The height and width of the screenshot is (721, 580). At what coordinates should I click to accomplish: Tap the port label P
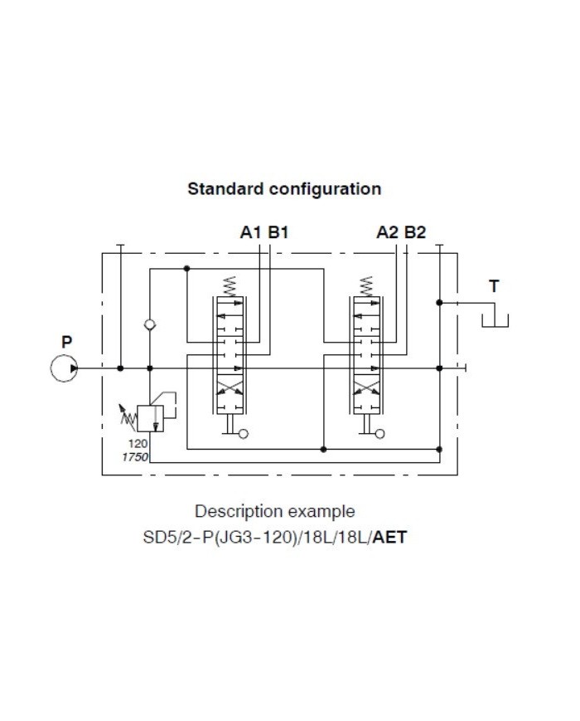[x=66, y=341]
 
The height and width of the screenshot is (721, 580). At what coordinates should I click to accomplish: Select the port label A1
[x=250, y=232]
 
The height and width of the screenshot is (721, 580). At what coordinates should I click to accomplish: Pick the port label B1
[x=278, y=232]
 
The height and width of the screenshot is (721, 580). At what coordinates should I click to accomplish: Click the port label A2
[x=387, y=232]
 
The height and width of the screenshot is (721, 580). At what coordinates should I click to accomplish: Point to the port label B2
[x=415, y=232]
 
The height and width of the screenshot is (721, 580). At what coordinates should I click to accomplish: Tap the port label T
[x=494, y=286]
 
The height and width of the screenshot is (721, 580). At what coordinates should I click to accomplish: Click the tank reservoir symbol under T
[x=495, y=319]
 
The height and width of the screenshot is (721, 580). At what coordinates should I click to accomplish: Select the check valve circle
[x=150, y=325]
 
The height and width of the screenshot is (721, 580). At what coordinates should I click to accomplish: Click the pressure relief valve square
[x=150, y=417]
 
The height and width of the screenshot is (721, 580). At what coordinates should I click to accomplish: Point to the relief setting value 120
[x=138, y=444]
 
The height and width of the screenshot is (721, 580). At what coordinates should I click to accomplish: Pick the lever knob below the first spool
[x=243, y=433]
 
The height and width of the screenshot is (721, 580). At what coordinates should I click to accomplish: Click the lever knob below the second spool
[x=379, y=433]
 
